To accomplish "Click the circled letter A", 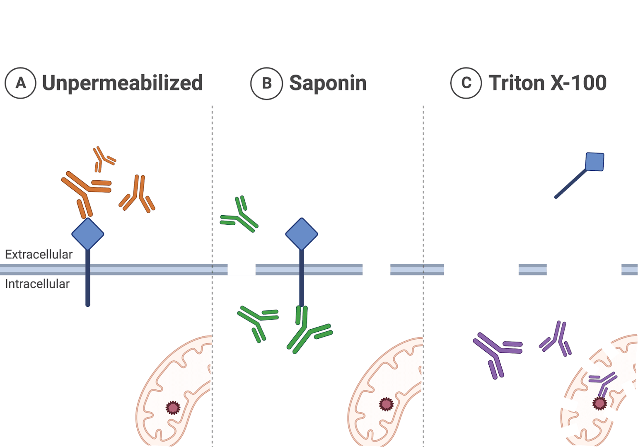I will pos(20,83).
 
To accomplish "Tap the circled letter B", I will pos(266,83).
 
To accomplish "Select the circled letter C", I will pos(466,83).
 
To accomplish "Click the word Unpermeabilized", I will pos(122,83).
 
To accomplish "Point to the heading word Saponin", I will pos(328,83).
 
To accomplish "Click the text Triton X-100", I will pos(547,83).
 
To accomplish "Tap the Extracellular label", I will pos(39,254).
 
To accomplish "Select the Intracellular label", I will pos(37,284).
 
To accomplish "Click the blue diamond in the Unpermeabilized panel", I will pos(87,234).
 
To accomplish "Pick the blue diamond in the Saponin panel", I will pos(302,234).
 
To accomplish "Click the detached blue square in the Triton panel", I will pos(594,162).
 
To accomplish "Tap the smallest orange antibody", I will pos(102,158).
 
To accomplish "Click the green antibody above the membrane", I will pos(240,216).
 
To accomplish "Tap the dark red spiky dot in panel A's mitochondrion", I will pos(173,408).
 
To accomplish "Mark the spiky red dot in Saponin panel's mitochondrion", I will pos(386,404).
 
